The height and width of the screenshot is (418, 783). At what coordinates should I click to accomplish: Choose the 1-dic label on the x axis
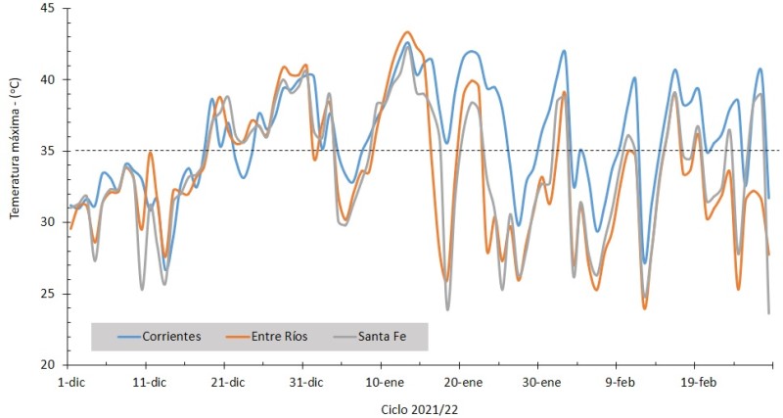coord(71,382)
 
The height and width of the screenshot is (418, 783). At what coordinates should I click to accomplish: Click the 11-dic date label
coord(149,382)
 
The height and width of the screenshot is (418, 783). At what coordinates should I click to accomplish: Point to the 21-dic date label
coord(227,382)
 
